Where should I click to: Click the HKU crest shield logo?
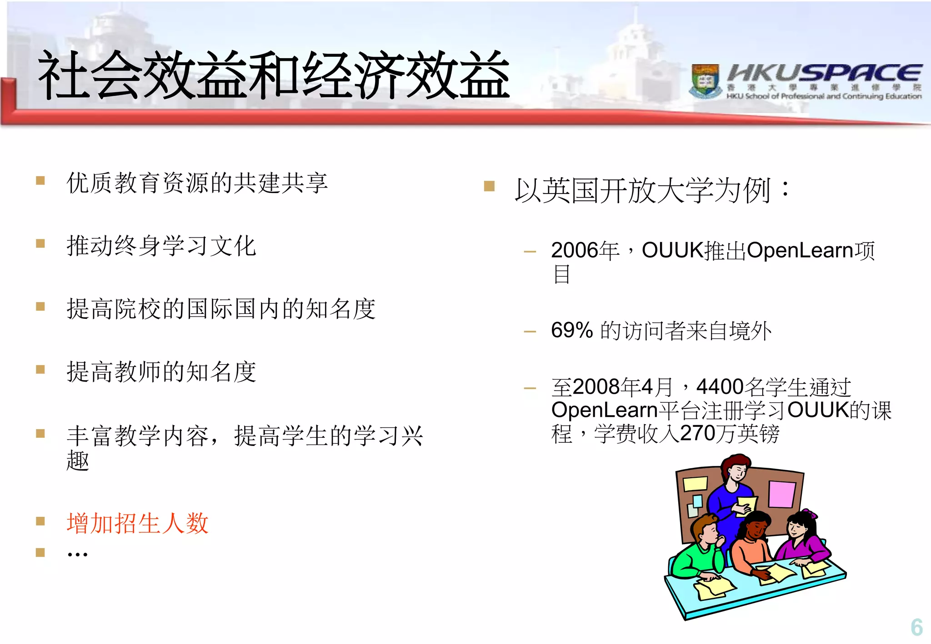(x=705, y=81)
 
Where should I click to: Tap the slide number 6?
(x=916, y=627)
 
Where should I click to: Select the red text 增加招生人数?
(x=137, y=523)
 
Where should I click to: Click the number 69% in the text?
(x=572, y=330)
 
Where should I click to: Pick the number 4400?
(x=720, y=387)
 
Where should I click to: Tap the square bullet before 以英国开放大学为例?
(x=489, y=186)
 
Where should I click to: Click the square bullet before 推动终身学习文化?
(x=40, y=243)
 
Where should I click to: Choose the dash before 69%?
(x=530, y=332)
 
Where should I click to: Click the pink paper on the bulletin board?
(x=781, y=494)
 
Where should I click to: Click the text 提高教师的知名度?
(x=161, y=372)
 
